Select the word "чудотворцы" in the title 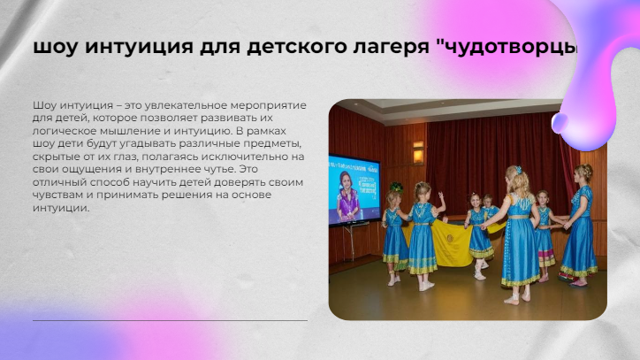coord(508,47)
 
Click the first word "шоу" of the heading coord(55,47)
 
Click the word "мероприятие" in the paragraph coord(268,105)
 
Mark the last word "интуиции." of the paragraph coord(61,208)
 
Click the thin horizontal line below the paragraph coord(170,321)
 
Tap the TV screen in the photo coord(354,189)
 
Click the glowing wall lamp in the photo coord(418,153)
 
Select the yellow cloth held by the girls coord(449,242)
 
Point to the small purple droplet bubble coord(560,123)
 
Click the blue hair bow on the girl coord(518,170)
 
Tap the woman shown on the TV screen coord(347,197)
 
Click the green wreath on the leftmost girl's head coord(396,188)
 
